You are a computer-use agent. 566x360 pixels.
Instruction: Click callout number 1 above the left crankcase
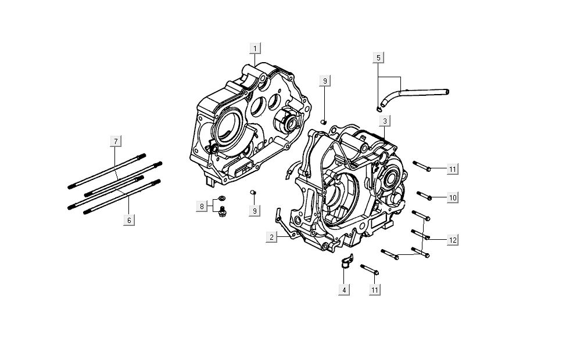click(x=255, y=48)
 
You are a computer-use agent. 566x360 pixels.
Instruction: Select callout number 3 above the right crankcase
click(x=385, y=121)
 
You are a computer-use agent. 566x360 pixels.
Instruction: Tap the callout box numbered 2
click(x=271, y=236)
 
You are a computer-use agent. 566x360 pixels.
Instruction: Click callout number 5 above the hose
click(x=378, y=57)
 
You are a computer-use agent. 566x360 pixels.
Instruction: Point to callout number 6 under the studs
click(x=129, y=220)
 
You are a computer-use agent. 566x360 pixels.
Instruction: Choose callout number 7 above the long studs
click(x=115, y=141)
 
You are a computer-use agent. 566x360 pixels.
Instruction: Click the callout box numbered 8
click(x=202, y=206)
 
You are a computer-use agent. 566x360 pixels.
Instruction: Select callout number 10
click(x=453, y=198)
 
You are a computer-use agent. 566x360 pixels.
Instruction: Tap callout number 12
click(x=453, y=239)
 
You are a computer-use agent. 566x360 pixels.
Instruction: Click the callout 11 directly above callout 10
click(x=453, y=169)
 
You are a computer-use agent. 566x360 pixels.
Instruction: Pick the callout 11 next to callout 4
click(x=375, y=289)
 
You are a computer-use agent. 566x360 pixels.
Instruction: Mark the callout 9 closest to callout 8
click(x=255, y=211)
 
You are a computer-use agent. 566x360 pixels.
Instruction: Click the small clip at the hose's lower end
click(x=378, y=106)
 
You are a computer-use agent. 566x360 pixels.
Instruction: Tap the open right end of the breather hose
click(x=447, y=91)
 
